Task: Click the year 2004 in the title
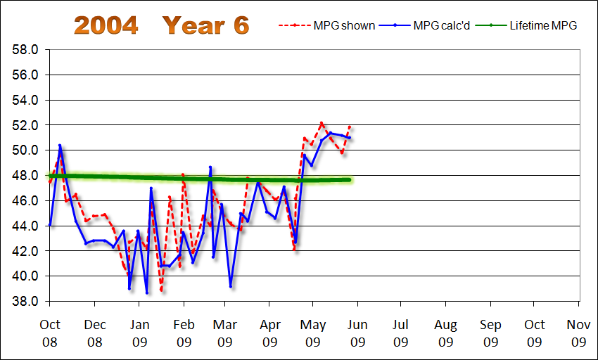[x=106, y=25]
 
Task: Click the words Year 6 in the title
[x=205, y=25]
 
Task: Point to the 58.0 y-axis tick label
[x=25, y=50]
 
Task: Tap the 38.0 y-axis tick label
[x=25, y=302]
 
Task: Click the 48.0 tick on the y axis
[x=25, y=176]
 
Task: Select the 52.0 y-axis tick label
[x=25, y=125]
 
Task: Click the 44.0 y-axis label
[x=25, y=226]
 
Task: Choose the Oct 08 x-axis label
[x=50, y=334]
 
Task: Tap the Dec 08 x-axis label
[x=95, y=334]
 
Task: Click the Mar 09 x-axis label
[x=225, y=334]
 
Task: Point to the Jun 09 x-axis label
[x=357, y=334]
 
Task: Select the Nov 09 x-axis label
[x=578, y=334]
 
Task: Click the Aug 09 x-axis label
[x=445, y=334]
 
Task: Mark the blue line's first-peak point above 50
[x=60, y=146]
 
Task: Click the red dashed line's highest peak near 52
[x=322, y=123]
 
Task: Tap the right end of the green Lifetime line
[x=350, y=180]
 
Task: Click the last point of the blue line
[x=350, y=138]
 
